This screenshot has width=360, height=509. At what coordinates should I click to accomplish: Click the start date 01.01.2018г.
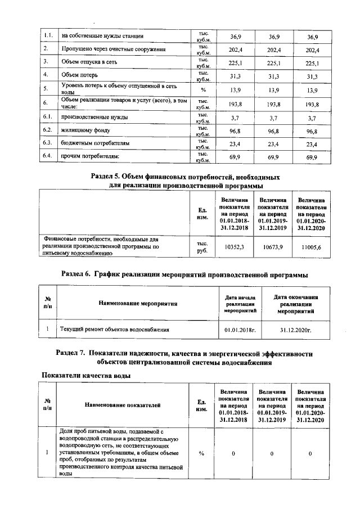point(240,329)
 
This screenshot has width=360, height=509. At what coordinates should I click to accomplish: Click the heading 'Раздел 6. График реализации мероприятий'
point(184,274)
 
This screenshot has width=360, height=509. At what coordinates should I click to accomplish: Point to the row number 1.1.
point(48,37)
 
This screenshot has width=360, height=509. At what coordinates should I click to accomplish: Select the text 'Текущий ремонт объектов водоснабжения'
point(115,329)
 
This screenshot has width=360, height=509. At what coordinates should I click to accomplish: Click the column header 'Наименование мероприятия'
point(138,303)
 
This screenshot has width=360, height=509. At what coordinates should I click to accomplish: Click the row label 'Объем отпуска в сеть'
point(89,62)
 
